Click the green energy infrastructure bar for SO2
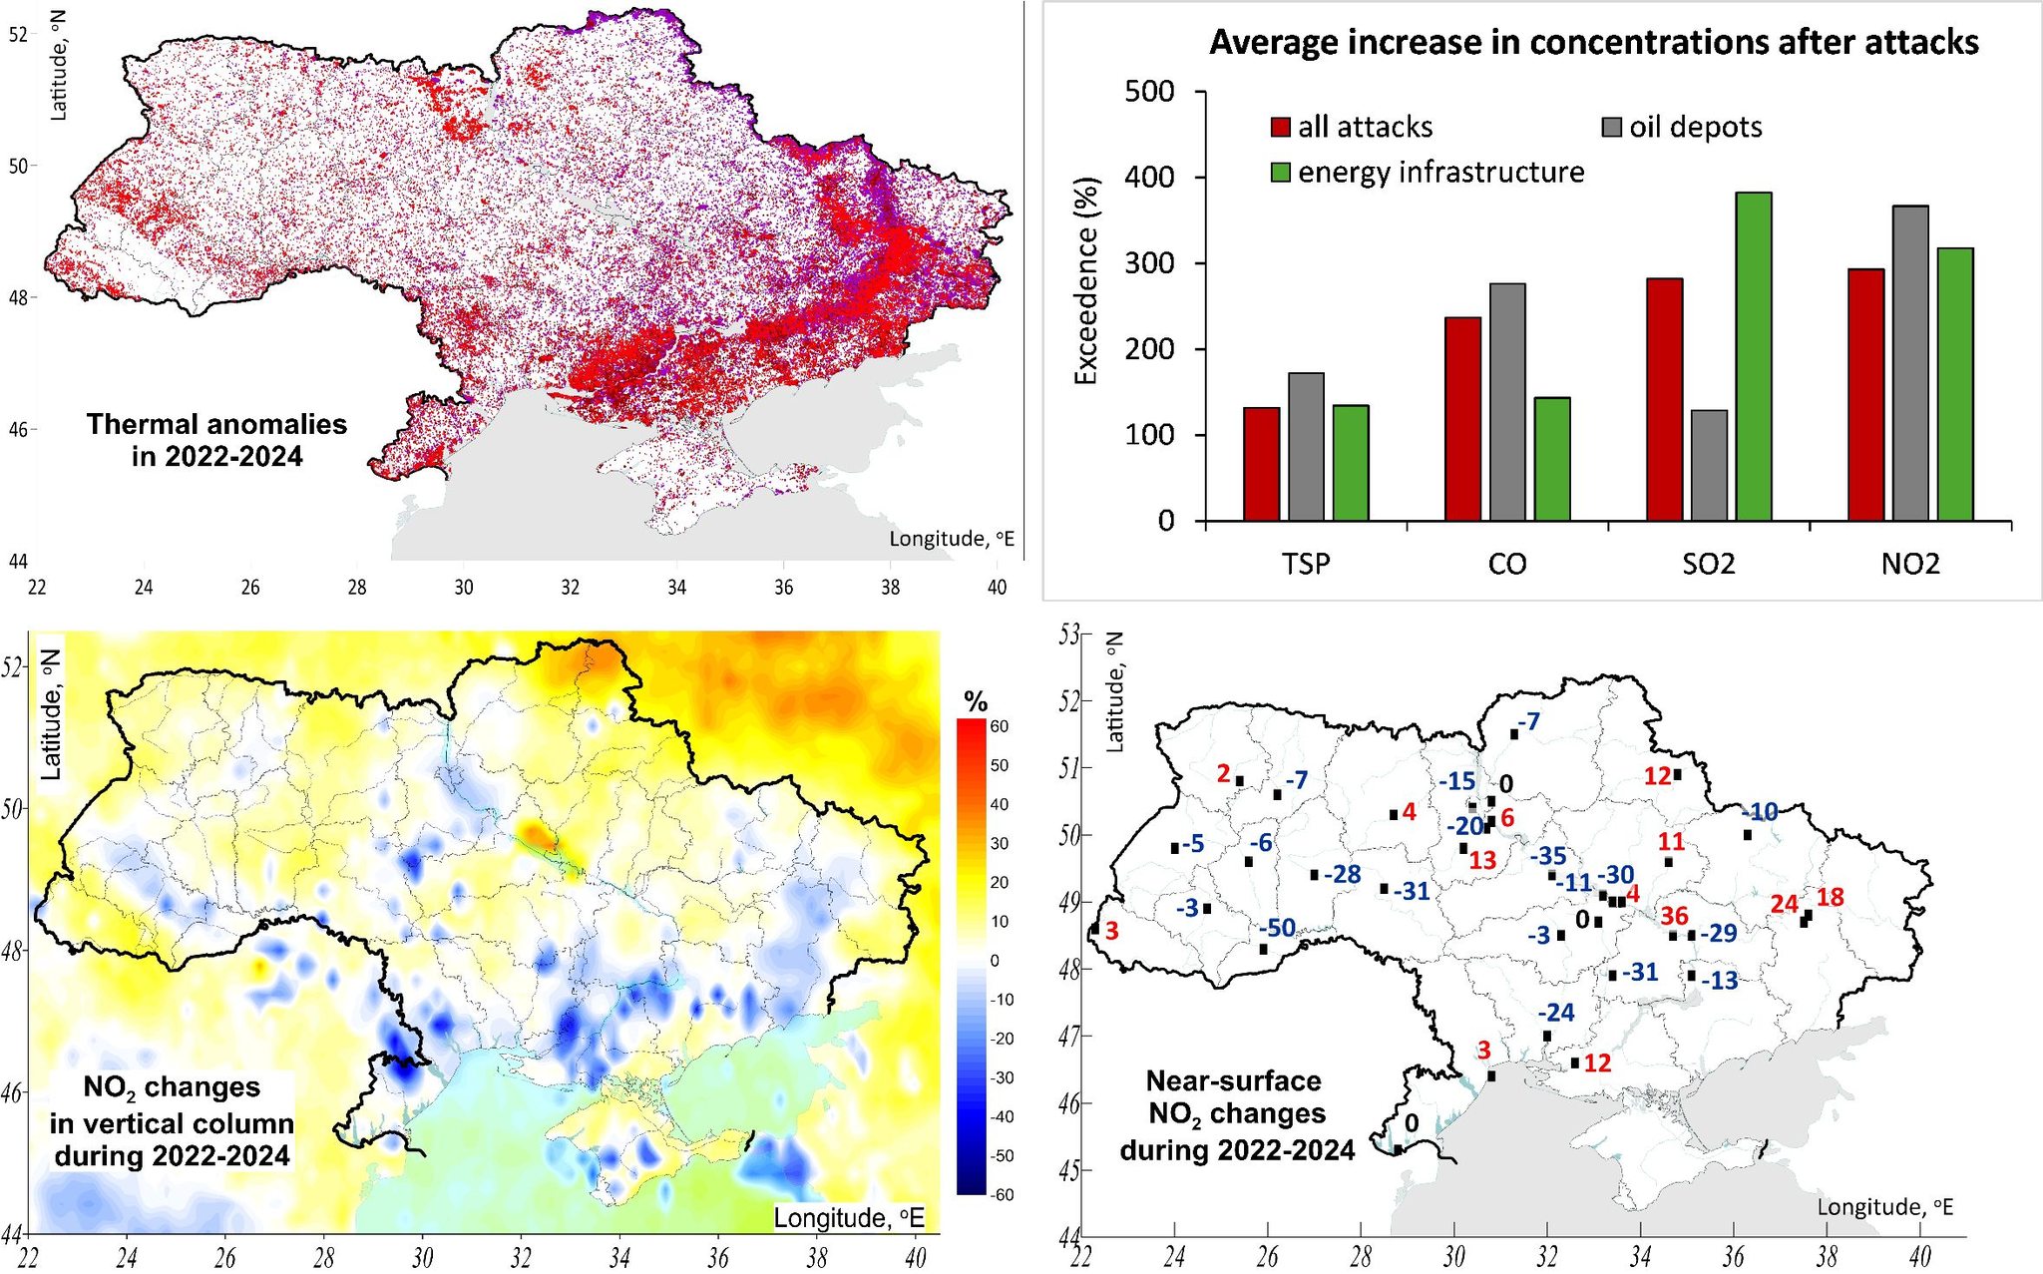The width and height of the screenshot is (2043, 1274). click(1753, 356)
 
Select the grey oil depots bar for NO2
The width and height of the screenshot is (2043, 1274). click(1910, 363)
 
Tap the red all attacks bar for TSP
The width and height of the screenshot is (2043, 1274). click(1261, 464)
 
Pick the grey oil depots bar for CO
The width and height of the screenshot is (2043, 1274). click(1507, 402)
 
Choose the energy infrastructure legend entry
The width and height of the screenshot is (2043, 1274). click(1428, 173)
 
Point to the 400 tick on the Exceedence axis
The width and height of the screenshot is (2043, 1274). click(1149, 178)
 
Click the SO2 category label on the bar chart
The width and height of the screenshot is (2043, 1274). click(1708, 565)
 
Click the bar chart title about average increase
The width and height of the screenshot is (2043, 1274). click(1593, 43)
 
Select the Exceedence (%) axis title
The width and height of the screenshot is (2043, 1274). click(1086, 280)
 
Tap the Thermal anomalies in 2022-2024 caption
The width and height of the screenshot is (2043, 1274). click(216, 440)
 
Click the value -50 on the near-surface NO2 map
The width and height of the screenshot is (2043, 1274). click(1277, 928)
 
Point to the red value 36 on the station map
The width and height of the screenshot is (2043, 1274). click(1674, 916)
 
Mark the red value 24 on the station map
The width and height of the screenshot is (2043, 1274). click(1784, 904)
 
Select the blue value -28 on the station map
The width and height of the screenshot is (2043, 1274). click(1342, 875)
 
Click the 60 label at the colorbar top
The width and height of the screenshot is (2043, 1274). click(999, 726)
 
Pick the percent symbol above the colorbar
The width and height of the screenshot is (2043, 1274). click(976, 701)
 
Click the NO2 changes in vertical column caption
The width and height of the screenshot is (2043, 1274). click(172, 1121)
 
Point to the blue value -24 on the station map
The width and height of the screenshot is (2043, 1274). click(1555, 1013)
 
